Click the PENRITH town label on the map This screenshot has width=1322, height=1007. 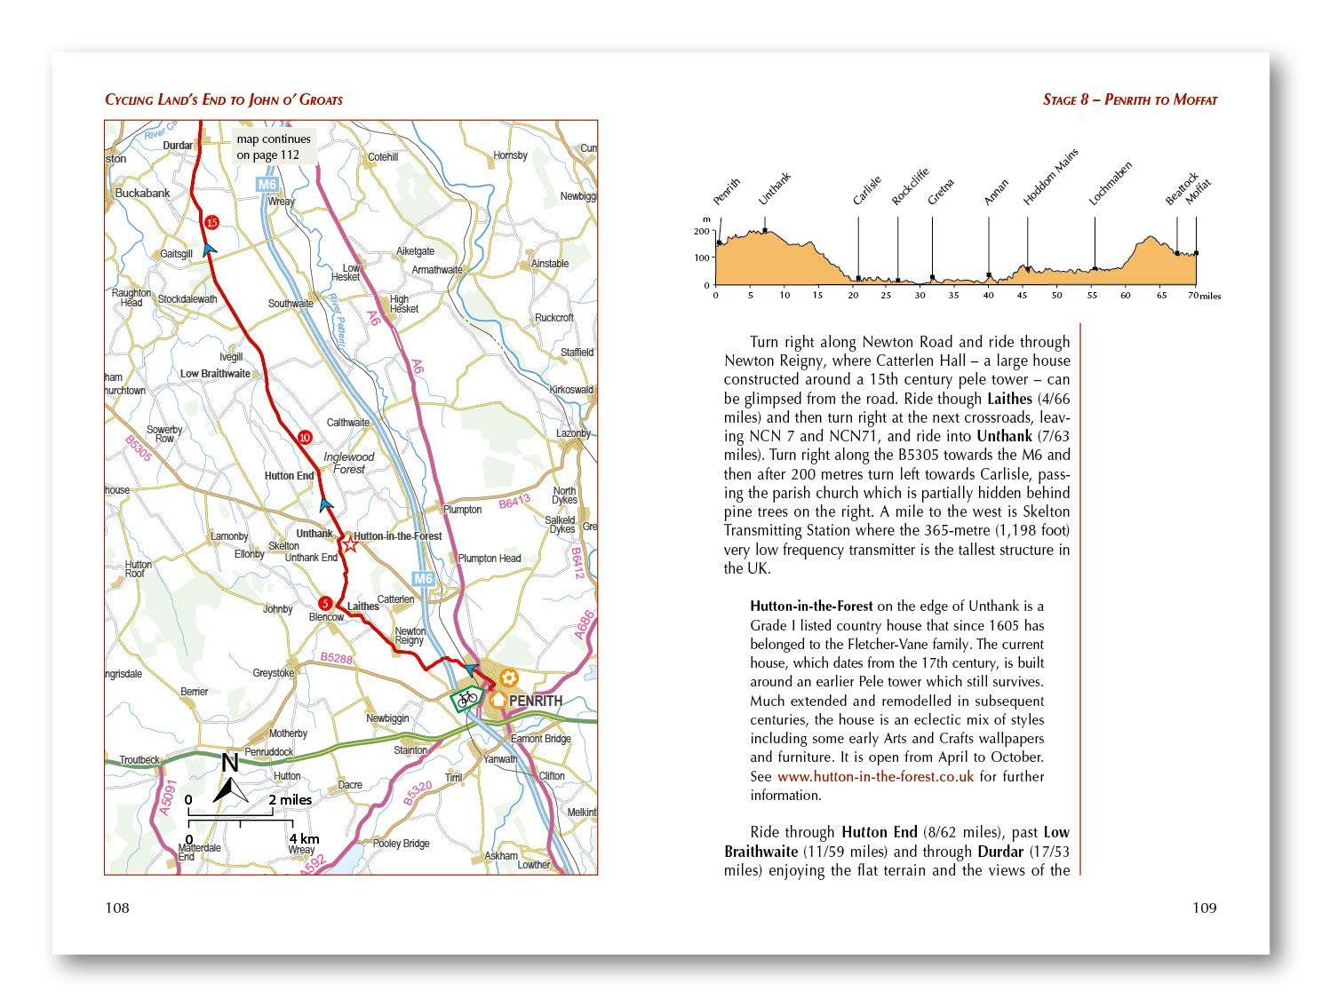click(x=536, y=701)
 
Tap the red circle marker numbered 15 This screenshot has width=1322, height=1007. click(x=211, y=222)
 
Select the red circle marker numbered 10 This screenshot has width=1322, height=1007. click(x=305, y=437)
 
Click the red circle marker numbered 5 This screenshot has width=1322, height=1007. click(x=326, y=603)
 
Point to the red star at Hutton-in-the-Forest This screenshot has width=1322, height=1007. click(x=350, y=544)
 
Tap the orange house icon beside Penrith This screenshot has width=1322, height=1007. click(x=498, y=700)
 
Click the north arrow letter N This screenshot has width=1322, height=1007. click(x=230, y=763)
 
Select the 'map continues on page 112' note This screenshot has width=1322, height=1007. click(x=273, y=147)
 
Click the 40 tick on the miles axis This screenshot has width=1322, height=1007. click(x=988, y=295)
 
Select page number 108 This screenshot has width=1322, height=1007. click(x=117, y=908)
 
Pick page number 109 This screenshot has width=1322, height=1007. click(x=1204, y=908)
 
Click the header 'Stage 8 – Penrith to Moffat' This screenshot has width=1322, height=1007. click(x=1130, y=100)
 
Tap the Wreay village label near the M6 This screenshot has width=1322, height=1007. click(x=281, y=202)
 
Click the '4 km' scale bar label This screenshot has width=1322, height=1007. click(x=304, y=838)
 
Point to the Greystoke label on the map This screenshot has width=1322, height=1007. click(x=274, y=673)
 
